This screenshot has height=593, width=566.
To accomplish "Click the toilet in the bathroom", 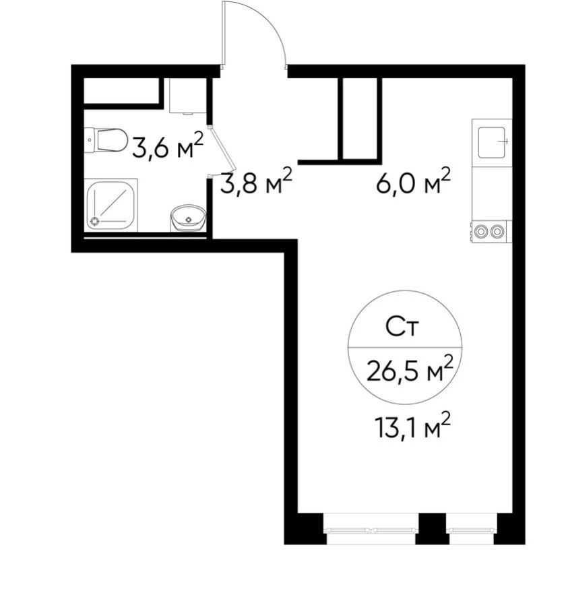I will (x=108, y=140).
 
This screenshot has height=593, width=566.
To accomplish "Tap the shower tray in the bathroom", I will (x=112, y=205).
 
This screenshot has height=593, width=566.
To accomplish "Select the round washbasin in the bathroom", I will (x=187, y=218).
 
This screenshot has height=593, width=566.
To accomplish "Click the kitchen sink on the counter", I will (x=492, y=142).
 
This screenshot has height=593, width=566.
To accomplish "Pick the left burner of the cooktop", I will (x=482, y=232).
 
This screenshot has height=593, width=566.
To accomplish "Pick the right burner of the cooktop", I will (x=498, y=232).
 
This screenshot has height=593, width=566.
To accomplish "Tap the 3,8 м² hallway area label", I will (x=256, y=181).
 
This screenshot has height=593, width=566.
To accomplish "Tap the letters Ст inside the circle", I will (x=403, y=328).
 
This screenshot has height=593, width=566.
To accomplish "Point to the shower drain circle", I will (x=95, y=220).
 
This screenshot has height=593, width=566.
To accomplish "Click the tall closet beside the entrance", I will (x=360, y=118).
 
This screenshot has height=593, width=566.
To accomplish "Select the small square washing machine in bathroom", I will (x=186, y=96).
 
